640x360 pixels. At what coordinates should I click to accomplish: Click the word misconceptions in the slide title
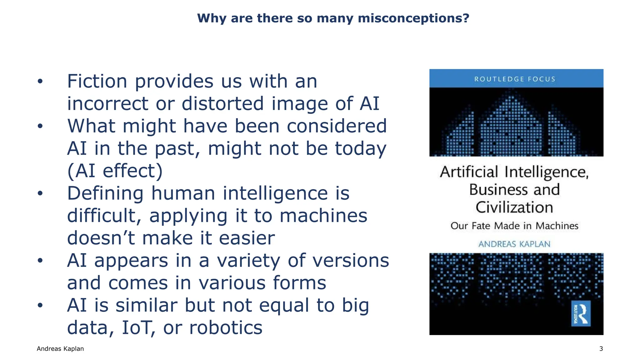click(x=413, y=18)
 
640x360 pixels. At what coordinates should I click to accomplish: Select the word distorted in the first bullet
click(x=222, y=104)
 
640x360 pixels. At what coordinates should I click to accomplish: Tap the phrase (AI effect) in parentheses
click(x=115, y=171)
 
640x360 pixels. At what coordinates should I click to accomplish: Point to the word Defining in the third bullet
click(x=105, y=193)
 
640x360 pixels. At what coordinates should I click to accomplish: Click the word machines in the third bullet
click(x=323, y=216)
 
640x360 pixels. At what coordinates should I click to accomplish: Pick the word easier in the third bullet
click(x=247, y=238)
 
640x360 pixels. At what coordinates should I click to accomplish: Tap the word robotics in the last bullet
click(x=226, y=328)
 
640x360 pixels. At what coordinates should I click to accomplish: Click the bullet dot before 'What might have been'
click(x=40, y=126)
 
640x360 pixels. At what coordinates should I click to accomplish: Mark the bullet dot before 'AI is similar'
click(x=40, y=305)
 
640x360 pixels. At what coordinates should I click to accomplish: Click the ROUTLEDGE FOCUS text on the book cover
click(x=515, y=79)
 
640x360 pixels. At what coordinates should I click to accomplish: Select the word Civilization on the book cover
click(x=514, y=207)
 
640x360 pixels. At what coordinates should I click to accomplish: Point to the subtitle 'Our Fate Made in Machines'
click(x=514, y=226)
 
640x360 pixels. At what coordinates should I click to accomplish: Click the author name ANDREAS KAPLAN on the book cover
click(x=514, y=244)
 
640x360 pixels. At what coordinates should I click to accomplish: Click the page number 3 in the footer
click(x=601, y=349)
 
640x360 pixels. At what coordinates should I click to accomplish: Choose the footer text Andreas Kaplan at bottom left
click(x=60, y=349)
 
